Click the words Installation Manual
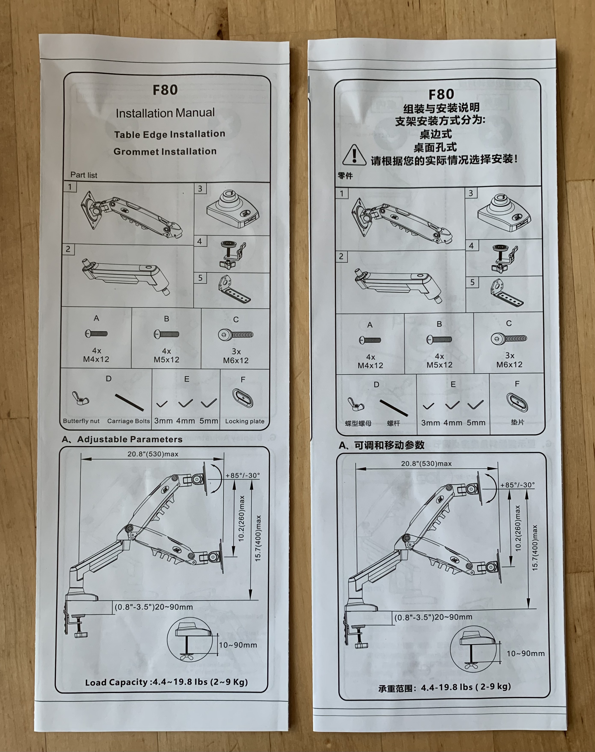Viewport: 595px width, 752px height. (165, 113)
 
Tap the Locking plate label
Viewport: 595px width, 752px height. (244, 421)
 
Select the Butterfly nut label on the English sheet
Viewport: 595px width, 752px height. (81, 421)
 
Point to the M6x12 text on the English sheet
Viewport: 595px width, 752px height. (236, 361)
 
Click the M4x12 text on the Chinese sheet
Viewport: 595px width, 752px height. (370, 365)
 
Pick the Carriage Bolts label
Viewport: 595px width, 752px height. (128, 421)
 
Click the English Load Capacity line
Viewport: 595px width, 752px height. (166, 682)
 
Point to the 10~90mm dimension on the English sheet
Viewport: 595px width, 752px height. (238, 645)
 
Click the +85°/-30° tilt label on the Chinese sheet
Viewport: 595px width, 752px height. (517, 485)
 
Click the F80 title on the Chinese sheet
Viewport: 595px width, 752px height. (441, 94)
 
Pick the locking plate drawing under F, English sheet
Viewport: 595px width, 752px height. (243, 399)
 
